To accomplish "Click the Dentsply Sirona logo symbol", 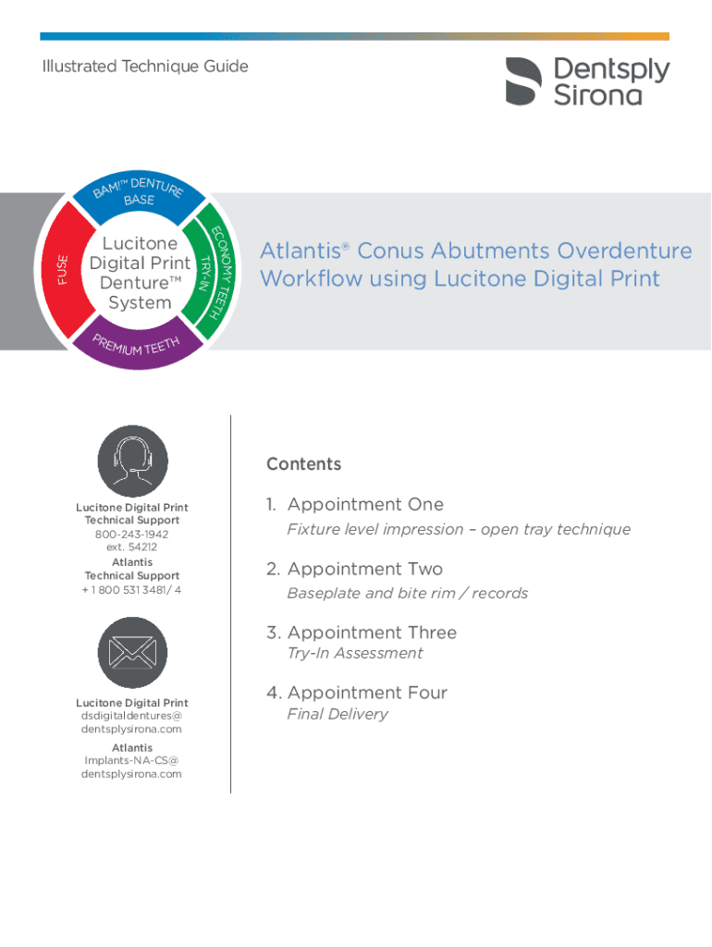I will [523, 80].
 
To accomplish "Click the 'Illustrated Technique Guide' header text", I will [145, 66].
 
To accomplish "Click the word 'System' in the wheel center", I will [140, 303].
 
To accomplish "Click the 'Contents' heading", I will [303, 464].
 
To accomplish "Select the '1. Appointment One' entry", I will [355, 504].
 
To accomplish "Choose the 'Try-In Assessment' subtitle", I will [355, 653].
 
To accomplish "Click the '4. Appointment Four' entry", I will [357, 693].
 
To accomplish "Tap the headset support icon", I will [132, 461].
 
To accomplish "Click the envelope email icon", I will [132, 653].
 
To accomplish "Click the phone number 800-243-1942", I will [131, 535].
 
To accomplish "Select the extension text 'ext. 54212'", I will [131, 547].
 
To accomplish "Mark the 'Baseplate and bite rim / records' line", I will [408, 593].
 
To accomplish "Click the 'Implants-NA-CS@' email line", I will [132, 761].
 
